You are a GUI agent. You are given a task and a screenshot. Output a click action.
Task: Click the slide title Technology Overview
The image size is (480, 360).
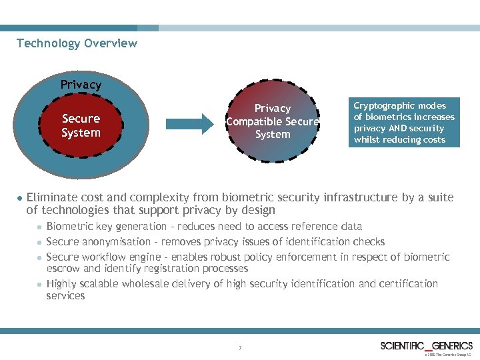(x=77, y=43)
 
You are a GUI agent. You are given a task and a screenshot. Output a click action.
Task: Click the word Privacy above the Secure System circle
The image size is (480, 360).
(x=81, y=85)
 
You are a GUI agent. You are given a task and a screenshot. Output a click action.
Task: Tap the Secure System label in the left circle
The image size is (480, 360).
(x=81, y=125)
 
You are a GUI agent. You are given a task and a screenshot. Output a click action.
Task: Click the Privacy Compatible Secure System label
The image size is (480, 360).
(x=273, y=121)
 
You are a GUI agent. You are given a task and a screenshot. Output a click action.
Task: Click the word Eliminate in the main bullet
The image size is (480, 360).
(x=51, y=197)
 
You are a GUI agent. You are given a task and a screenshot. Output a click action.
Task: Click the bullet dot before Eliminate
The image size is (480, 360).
(x=19, y=198)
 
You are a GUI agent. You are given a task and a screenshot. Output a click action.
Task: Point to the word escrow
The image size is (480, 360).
(x=62, y=269)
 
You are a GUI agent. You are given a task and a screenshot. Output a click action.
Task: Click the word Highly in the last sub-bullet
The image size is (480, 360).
(x=62, y=283)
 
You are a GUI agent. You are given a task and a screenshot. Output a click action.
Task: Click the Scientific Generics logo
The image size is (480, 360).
(x=426, y=346)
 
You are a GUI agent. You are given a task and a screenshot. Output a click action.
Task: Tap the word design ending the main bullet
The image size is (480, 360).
(x=258, y=211)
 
